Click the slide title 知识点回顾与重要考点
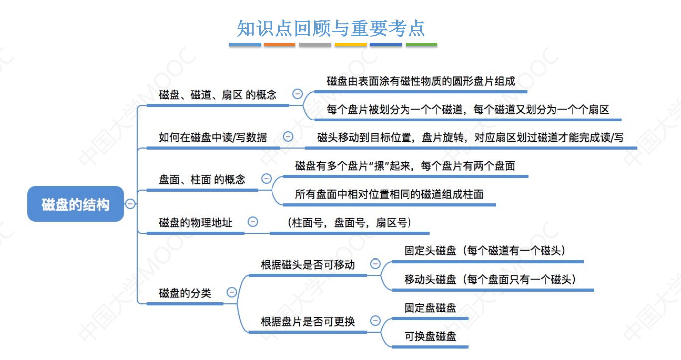(x=331, y=28)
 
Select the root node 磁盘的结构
(x=76, y=204)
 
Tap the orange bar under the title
(x=279, y=45)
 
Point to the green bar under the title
(x=421, y=45)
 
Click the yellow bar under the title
(x=351, y=45)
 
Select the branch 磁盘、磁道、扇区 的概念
(x=218, y=94)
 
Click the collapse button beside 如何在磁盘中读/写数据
(x=288, y=137)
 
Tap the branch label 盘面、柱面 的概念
(x=202, y=179)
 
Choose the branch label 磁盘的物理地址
(x=195, y=222)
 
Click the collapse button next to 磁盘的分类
(x=232, y=293)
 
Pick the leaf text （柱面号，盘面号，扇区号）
(x=349, y=222)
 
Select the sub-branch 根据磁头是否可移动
(x=307, y=264)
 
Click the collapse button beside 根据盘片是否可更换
(x=375, y=321)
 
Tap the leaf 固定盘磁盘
(x=430, y=308)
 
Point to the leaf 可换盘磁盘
(x=430, y=336)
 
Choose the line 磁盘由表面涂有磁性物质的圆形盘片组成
(x=420, y=81)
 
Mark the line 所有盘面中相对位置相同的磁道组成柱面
(x=389, y=194)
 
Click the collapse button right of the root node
(x=130, y=204)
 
